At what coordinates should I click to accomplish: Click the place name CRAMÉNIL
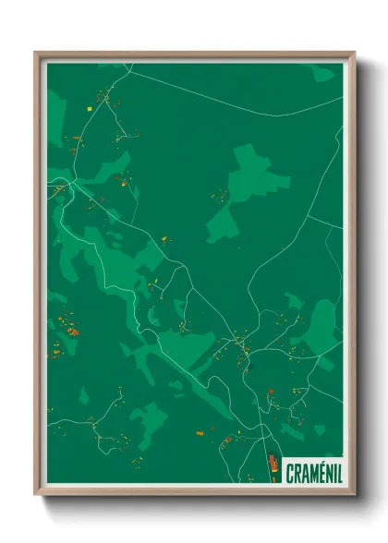[311, 471]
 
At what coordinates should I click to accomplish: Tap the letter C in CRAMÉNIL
[290, 471]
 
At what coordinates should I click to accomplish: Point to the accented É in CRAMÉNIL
[316, 471]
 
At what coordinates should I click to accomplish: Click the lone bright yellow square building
[91, 108]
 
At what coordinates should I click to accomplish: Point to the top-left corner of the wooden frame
[36, 53]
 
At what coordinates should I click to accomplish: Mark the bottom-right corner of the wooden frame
[354, 494]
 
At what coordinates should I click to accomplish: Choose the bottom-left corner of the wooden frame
[36, 494]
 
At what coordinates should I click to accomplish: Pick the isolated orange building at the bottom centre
[199, 431]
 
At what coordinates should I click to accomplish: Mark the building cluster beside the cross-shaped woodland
[221, 196]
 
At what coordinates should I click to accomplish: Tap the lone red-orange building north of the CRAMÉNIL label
[271, 393]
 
